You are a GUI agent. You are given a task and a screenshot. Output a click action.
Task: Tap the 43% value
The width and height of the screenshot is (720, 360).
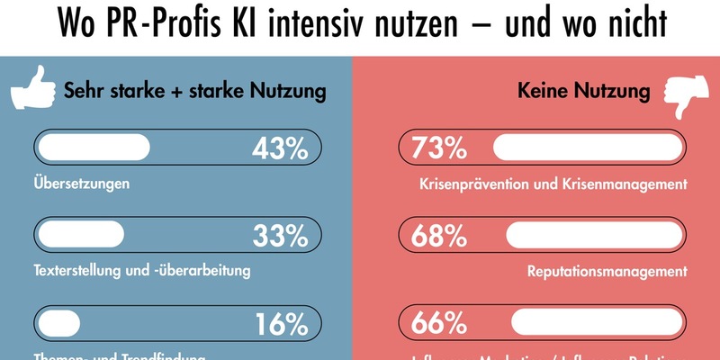click(x=280, y=148)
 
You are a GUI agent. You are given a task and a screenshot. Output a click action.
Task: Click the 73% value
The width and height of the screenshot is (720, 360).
click(x=439, y=148)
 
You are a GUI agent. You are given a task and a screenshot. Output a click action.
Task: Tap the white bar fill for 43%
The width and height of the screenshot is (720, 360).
click(x=93, y=147)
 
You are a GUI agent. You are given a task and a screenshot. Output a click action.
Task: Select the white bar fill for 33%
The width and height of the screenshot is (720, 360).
click(x=80, y=234)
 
